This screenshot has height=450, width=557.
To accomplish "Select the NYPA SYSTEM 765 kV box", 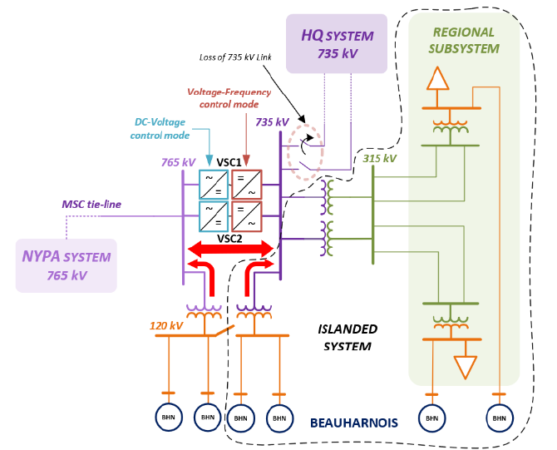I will pos(67,265).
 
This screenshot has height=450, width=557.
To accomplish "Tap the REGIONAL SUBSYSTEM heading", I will pos(464,40).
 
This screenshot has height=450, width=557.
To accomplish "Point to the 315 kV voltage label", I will pos(380,158).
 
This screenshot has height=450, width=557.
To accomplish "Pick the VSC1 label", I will pos(229,162).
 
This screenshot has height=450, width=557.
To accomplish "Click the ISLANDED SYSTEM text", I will pos(348,337).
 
